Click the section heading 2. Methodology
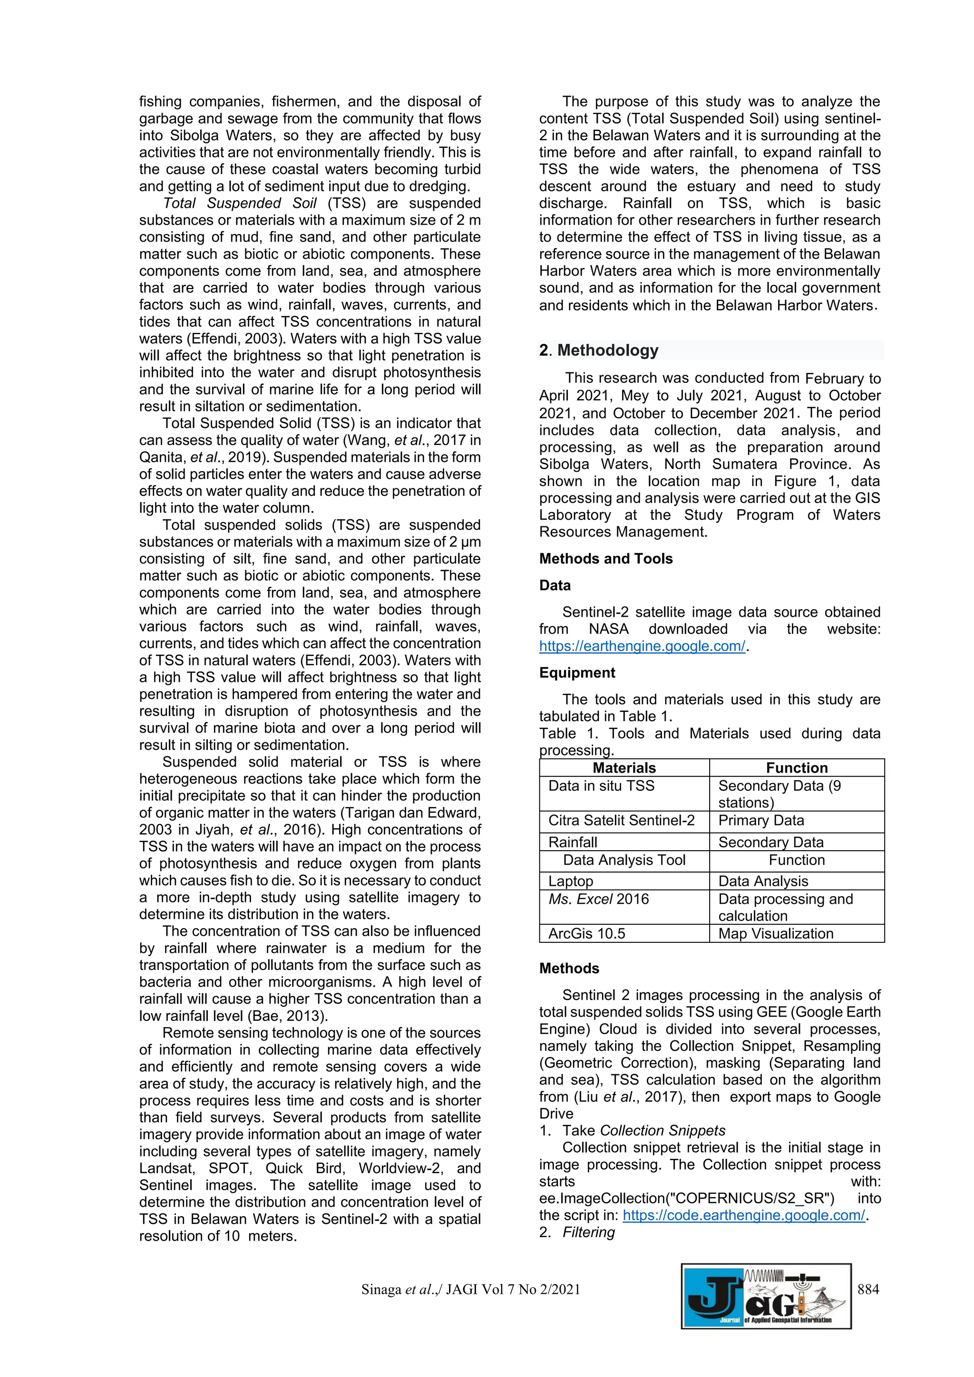pos(599,350)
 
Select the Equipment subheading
pos(577,672)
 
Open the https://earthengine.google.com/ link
pos(642,646)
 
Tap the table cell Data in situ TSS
pos(601,785)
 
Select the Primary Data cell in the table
pos(760,820)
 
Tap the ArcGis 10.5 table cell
pos(586,934)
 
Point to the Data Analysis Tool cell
pos(624,860)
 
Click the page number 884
pos(868,1290)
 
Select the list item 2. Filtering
pos(577,1232)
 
